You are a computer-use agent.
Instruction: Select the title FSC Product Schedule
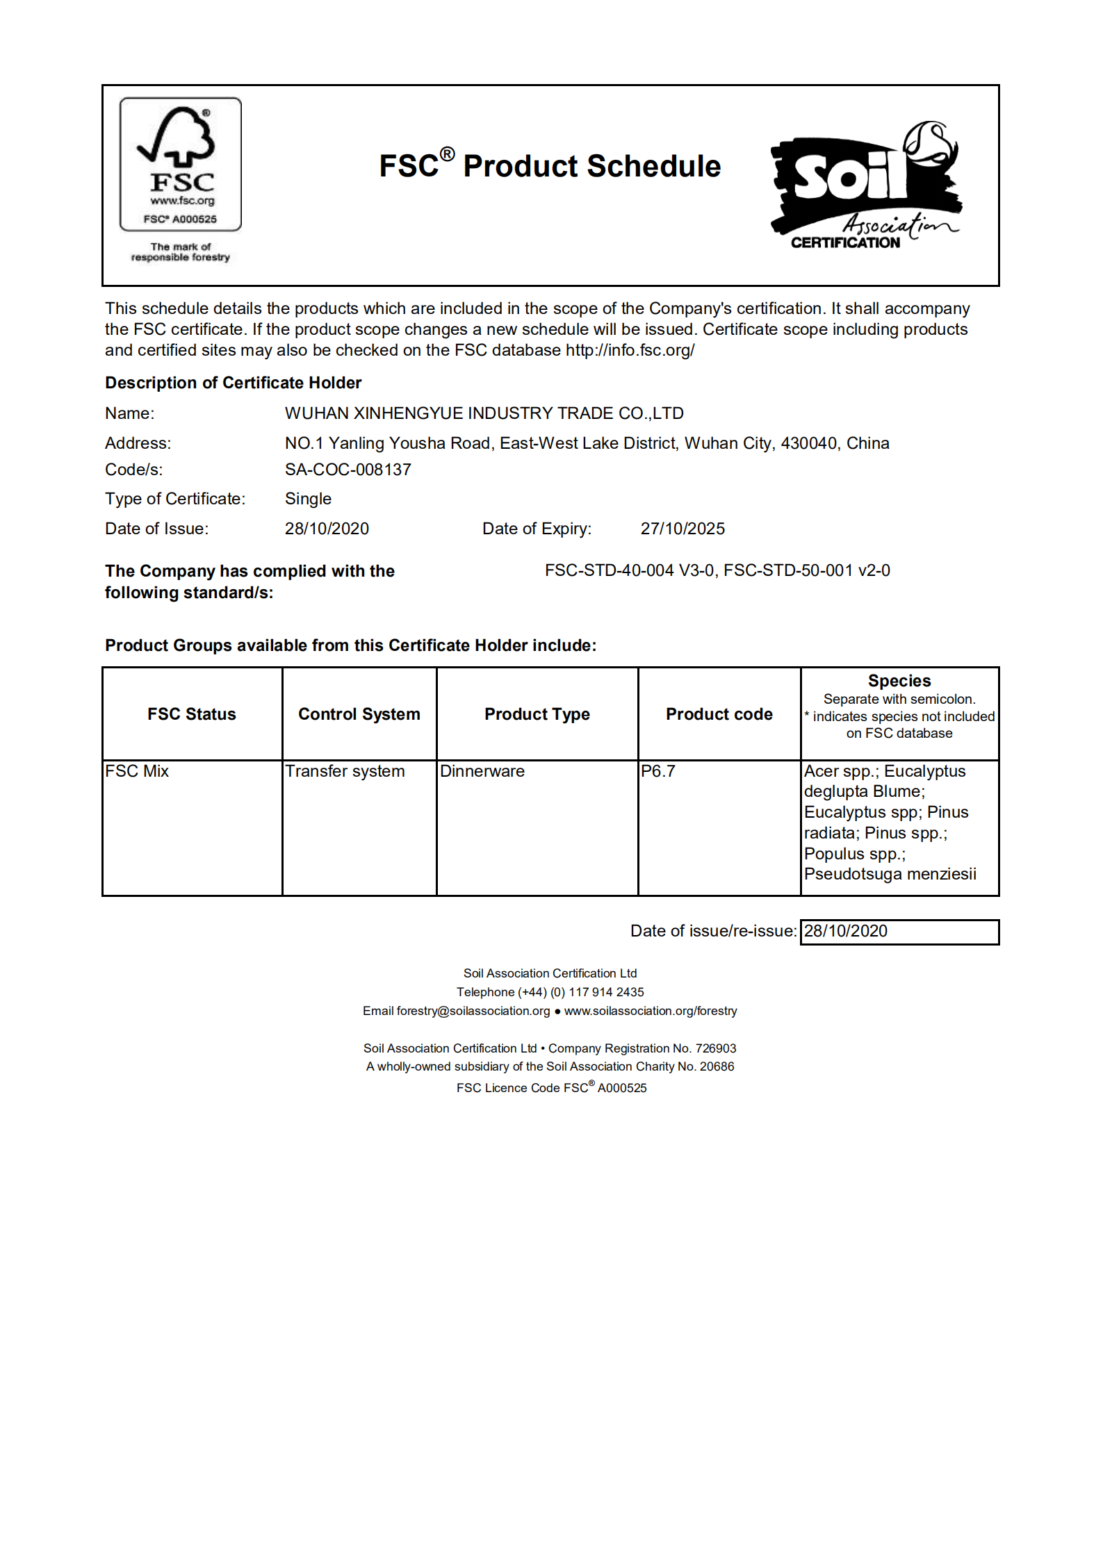click(x=550, y=166)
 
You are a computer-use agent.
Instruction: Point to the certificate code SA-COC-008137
click(x=348, y=470)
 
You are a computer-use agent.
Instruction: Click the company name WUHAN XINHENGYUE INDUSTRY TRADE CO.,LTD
click(x=484, y=413)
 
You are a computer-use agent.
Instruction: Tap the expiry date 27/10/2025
click(x=682, y=529)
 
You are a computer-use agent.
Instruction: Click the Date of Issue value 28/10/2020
click(x=327, y=529)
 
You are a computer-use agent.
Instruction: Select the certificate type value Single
click(x=308, y=499)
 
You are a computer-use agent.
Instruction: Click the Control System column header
click(x=359, y=714)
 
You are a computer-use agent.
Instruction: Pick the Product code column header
click(x=719, y=714)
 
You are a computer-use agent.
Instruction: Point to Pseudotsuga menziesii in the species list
click(x=890, y=874)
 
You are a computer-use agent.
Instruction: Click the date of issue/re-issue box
click(x=899, y=932)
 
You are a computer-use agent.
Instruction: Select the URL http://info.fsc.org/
click(x=630, y=350)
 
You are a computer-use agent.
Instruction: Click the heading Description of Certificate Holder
click(x=233, y=383)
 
